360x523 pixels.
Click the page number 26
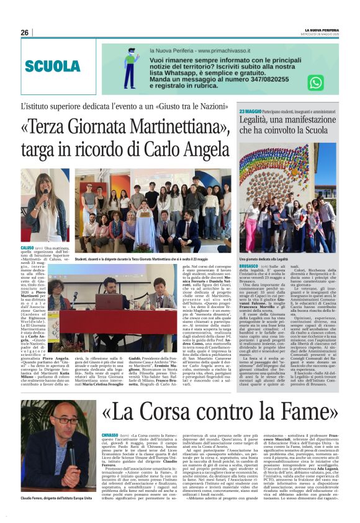(x=24, y=32)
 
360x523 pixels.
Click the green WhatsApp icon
(x=316, y=83)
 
